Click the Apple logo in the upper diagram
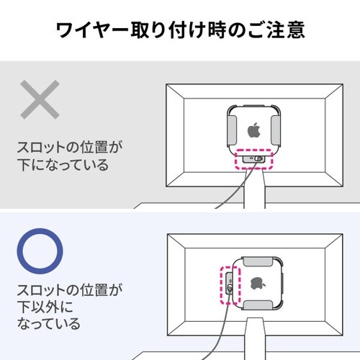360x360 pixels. (253, 131)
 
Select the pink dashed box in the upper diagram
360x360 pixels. (254, 158)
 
